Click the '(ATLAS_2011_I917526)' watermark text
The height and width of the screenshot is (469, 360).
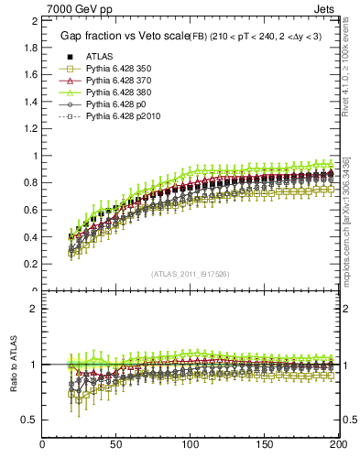[x=191, y=274]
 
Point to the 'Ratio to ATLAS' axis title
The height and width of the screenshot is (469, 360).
[x=14, y=364]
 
